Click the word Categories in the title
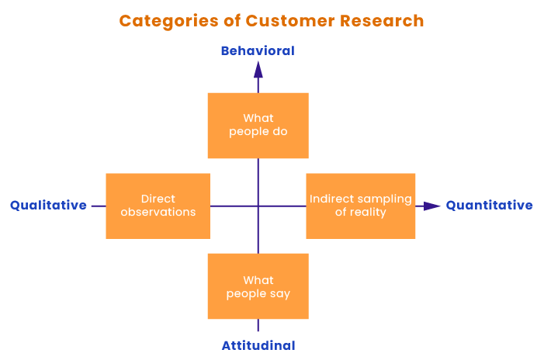pyautogui.click(x=168, y=22)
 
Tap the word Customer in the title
pyautogui.click(x=290, y=21)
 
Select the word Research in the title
pyautogui.click(x=382, y=21)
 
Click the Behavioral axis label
pyautogui.click(x=258, y=51)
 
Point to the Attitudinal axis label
pyautogui.click(x=258, y=345)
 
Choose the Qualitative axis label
pyautogui.click(x=48, y=205)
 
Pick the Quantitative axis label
pyautogui.click(x=489, y=205)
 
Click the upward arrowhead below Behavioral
pyautogui.click(x=258, y=69)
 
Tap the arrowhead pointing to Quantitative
pyautogui.click(x=432, y=206)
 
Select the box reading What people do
pyautogui.click(x=258, y=126)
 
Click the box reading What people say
pyautogui.click(x=258, y=286)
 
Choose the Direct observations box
pyautogui.click(x=158, y=206)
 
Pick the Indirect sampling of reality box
pyautogui.click(x=361, y=206)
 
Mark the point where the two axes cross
pyautogui.click(x=258, y=206)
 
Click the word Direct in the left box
pyautogui.click(x=158, y=199)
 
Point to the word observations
pyautogui.click(x=158, y=212)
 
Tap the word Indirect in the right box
pyautogui.click(x=332, y=199)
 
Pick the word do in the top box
pyautogui.click(x=280, y=131)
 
